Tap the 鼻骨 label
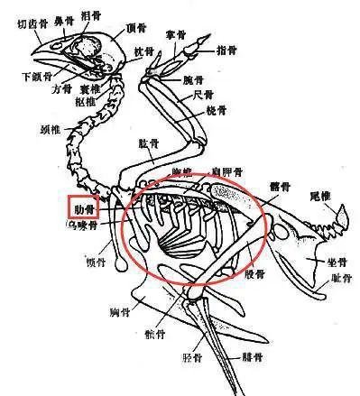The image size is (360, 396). pyautogui.click(x=64, y=16)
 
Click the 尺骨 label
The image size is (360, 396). pyautogui.click(x=207, y=94)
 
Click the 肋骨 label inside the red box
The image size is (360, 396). pyautogui.click(x=84, y=208)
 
